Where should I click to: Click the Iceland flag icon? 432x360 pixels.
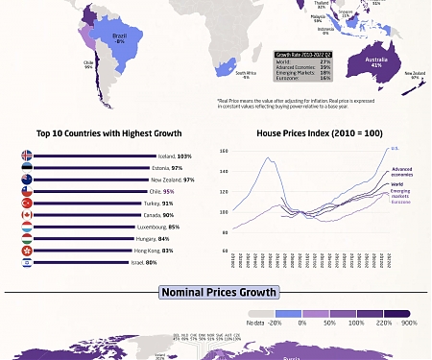pos(27,156)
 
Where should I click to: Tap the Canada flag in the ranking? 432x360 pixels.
pos(27,215)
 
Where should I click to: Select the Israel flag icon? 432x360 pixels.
pos(27,262)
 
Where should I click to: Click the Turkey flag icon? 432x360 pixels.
pos(27,204)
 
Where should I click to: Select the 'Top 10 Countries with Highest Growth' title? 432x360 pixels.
pos(108,133)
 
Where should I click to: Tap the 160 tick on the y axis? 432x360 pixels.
pos(224,152)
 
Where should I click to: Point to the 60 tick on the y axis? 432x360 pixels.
pos(225,251)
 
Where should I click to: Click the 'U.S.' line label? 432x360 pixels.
pos(395,149)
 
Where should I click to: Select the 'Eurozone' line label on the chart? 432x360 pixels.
pos(400,203)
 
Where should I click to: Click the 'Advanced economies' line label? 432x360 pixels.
pos(401,173)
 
